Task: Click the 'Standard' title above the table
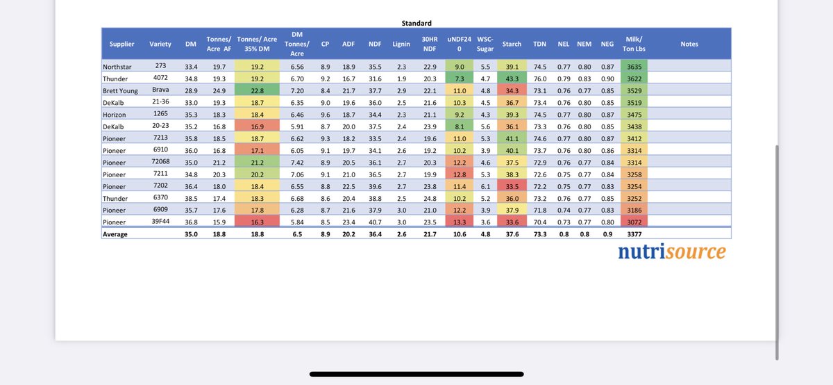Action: pos(416,23)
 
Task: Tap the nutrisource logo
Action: pos(671,252)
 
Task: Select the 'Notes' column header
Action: pos(689,44)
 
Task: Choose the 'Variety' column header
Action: pos(160,44)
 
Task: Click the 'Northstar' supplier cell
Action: pos(119,66)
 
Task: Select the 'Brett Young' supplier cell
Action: pos(122,90)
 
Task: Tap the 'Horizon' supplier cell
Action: pos(117,114)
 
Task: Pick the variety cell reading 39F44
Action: pos(160,222)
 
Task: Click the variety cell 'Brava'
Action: pos(160,90)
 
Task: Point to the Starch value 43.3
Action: pos(512,79)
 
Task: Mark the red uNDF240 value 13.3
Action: pos(459,222)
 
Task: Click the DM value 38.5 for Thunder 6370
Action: pos(192,198)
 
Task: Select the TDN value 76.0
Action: pos(539,79)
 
